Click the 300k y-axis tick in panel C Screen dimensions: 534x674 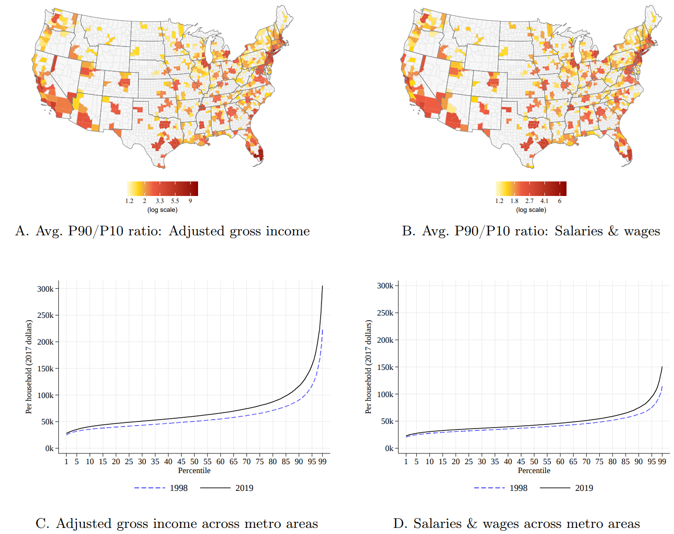tap(45, 289)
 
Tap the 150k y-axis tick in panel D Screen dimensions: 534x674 tap(385, 367)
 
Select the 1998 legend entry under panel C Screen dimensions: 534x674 tap(178, 488)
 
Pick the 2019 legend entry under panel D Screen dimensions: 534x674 tap(584, 488)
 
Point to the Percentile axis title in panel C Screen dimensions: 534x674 tap(194, 471)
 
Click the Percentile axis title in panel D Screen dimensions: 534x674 tap(534, 471)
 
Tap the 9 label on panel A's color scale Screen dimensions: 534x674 tap(190, 201)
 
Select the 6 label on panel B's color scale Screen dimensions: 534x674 tap(559, 201)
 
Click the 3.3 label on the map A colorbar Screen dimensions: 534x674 tap(160, 201)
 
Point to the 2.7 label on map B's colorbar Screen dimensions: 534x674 tap(529, 201)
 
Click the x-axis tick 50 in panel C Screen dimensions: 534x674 tap(194, 462)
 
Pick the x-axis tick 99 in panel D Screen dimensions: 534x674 tap(662, 462)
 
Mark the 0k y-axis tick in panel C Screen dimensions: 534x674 tap(49, 449)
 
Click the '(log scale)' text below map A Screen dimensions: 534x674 tap(162, 210)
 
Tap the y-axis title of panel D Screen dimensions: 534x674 tap(368, 367)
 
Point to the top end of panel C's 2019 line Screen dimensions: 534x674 tap(322, 286)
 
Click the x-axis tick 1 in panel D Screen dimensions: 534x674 tap(406, 462)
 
